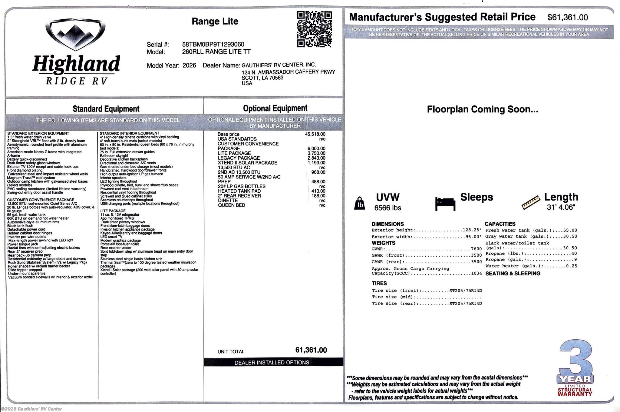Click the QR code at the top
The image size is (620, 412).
[x=314, y=29]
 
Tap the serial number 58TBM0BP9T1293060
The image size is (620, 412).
[x=213, y=45]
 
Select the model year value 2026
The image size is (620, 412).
[x=189, y=65]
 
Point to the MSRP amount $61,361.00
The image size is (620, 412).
[x=568, y=17]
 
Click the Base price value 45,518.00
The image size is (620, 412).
[x=315, y=134]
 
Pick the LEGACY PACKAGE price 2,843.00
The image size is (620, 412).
[x=316, y=158]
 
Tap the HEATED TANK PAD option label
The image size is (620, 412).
[x=239, y=191]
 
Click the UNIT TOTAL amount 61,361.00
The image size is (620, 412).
[x=311, y=350]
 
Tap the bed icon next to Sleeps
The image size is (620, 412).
[x=445, y=204]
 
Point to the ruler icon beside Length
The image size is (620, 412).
[x=531, y=202]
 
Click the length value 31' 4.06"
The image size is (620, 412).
[x=561, y=207]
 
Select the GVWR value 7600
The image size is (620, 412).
[x=476, y=249]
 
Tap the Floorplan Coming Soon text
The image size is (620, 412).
[x=482, y=109]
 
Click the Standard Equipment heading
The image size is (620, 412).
[x=106, y=109]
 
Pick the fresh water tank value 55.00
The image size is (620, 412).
[x=570, y=230]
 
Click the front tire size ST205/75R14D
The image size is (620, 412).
[x=466, y=291]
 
